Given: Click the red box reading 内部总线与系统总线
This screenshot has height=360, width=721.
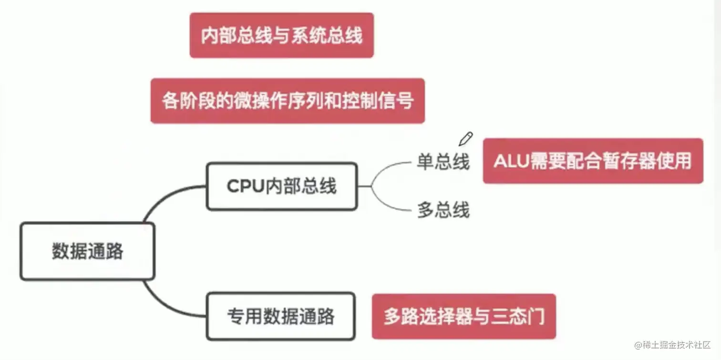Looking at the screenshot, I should point(281,36).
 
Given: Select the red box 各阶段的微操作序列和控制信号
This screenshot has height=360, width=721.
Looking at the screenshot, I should point(288,101).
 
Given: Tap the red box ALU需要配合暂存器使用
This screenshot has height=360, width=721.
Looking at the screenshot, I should point(593,161).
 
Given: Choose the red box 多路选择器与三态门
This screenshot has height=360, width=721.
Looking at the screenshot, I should point(463,317).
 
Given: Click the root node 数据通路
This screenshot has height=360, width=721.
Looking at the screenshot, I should point(87,251).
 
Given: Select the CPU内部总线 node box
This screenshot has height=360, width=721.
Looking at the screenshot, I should point(281,186).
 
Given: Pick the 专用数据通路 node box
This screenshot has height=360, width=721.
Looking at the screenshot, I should point(280,317).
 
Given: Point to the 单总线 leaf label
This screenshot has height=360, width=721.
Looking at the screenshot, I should point(443,162).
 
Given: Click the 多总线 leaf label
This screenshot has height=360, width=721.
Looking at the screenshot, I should point(443,210).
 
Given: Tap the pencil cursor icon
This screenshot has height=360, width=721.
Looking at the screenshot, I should point(465,139).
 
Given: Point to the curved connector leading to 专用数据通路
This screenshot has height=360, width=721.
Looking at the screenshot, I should point(165,303).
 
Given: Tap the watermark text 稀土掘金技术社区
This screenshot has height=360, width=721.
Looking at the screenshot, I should point(675,345).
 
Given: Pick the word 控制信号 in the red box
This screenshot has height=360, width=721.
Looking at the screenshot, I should point(377,101).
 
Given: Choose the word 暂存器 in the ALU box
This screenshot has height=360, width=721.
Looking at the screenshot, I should point(631,161).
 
